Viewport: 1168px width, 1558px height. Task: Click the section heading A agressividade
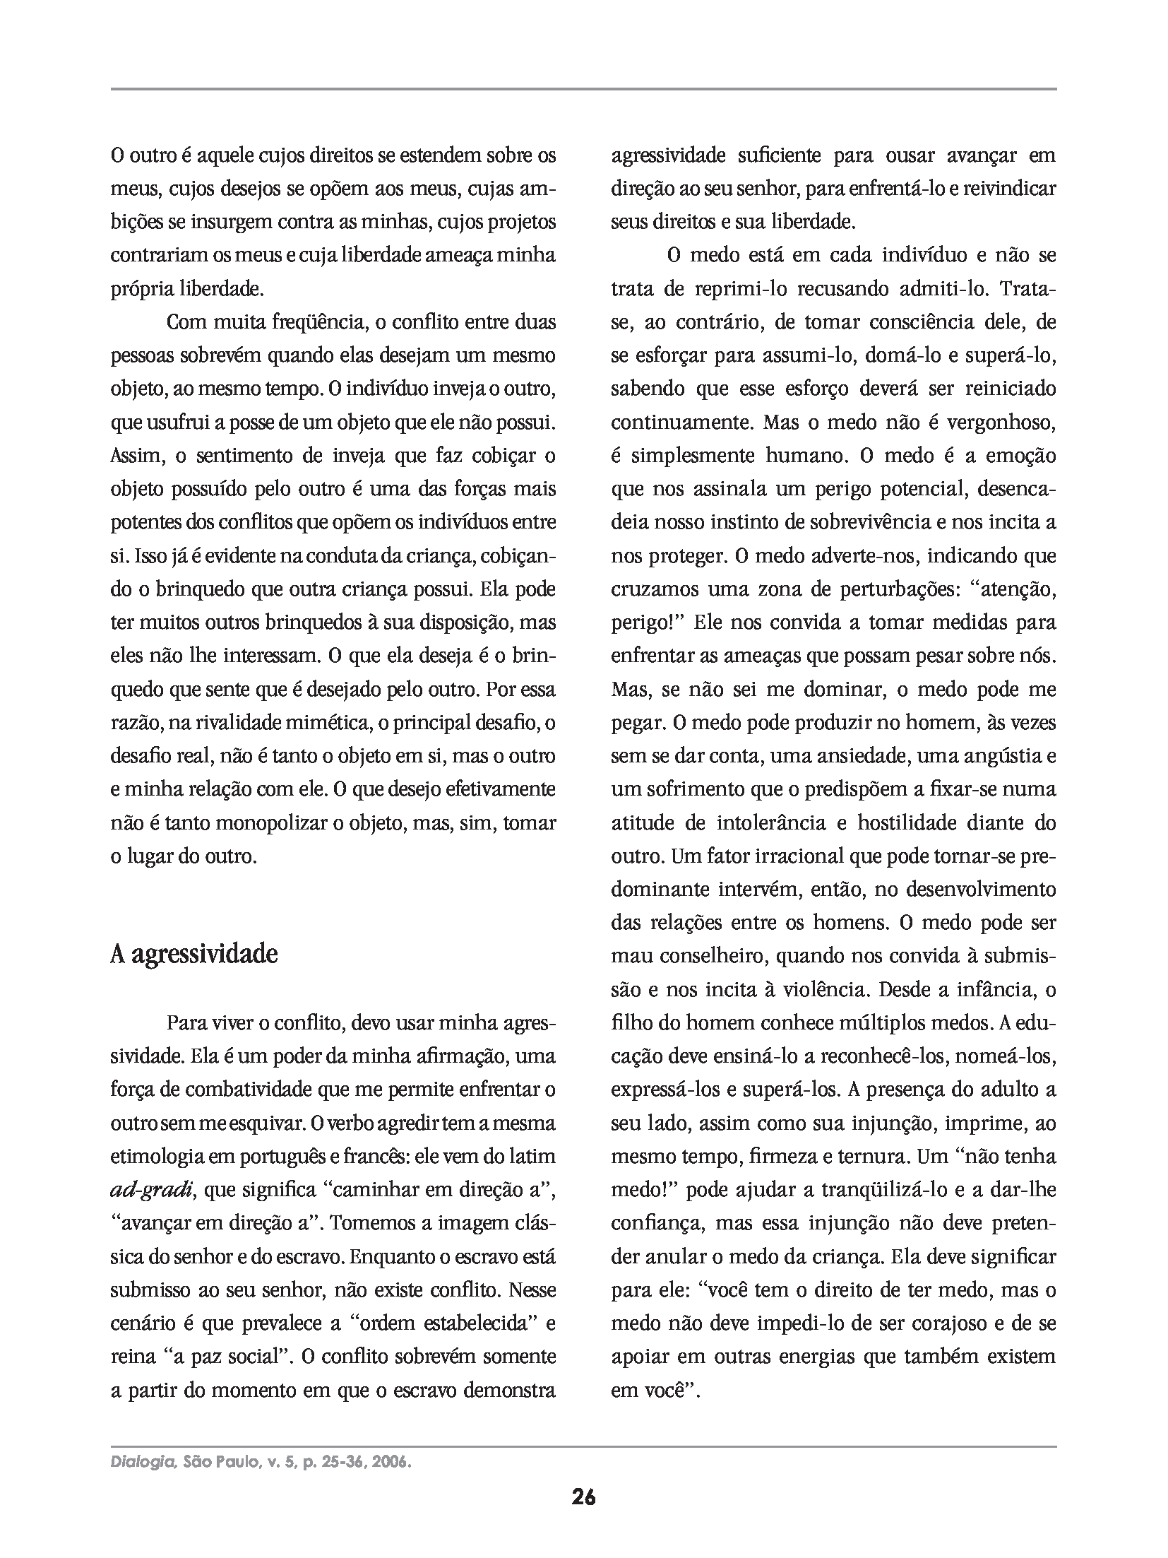[194, 955]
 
